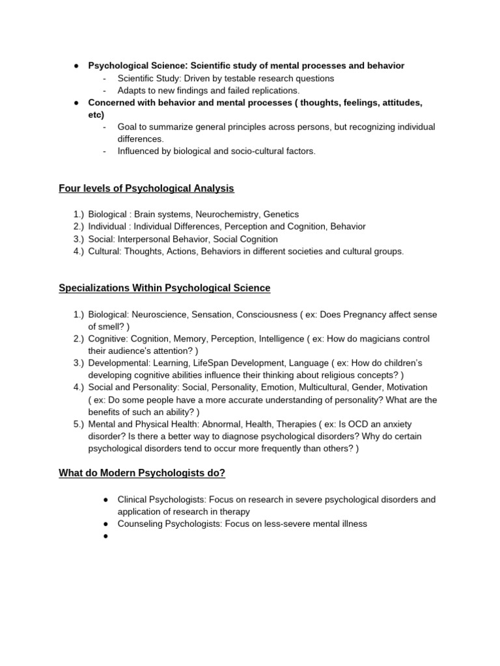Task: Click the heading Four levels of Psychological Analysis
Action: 146,189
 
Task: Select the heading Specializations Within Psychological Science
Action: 164,287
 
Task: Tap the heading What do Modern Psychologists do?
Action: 142,473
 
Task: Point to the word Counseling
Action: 138,524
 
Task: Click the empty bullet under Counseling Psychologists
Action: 105,537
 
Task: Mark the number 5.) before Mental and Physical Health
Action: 79,425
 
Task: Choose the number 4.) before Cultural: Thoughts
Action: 79,251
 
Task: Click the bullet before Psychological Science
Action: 76,66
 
